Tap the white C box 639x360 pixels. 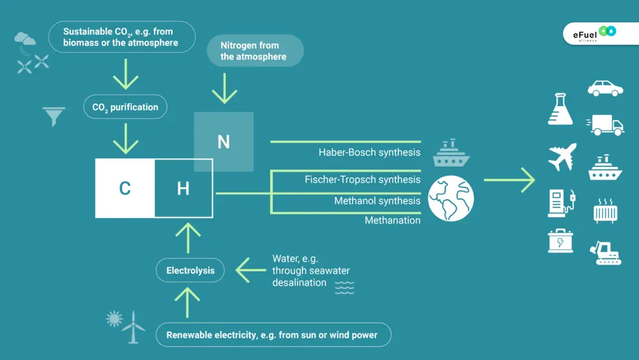pos(125,189)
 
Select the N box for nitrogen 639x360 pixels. pos(224,141)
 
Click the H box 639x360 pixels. pos(183,189)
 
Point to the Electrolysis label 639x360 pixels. pos(190,270)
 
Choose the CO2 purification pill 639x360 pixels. pos(125,107)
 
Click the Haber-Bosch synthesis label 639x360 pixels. pos(369,152)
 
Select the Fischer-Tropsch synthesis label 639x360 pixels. pos(362,180)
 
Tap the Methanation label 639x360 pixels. pos(392,221)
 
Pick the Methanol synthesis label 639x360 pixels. pos(377,201)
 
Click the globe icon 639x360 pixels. pos(451,198)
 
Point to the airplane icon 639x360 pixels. pos(562,157)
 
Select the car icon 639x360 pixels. pos(605,88)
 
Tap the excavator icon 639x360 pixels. pos(604,253)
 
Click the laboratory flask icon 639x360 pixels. pos(560,109)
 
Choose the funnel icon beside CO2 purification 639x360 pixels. pos(54,116)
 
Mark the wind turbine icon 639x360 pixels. pos(133,327)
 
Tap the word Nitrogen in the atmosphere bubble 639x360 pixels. pos(241,45)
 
